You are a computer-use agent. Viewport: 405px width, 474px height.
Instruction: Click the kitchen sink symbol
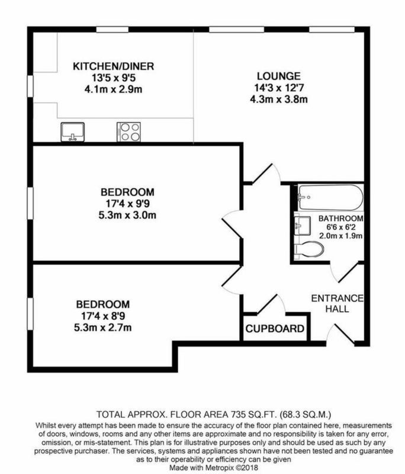(x=72, y=132)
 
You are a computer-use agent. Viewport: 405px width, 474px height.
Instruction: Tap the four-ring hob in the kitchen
(x=128, y=132)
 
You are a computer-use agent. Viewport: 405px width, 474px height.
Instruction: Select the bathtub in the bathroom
(x=330, y=197)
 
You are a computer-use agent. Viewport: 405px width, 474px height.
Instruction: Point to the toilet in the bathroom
(x=309, y=249)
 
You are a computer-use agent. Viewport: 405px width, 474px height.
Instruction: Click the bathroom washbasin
(x=302, y=226)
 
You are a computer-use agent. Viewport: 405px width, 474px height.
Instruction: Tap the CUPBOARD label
(x=275, y=329)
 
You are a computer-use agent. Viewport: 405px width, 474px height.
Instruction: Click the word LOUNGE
(x=279, y=76)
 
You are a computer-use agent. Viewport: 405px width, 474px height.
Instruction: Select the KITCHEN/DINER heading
(x=114, y=66)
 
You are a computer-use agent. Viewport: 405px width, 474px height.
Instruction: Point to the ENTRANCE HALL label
(x=337, y=303)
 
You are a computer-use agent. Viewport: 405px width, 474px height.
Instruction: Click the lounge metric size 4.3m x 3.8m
(x=279, y=99)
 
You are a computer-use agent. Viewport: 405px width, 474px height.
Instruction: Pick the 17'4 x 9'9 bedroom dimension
(x=127, y=204)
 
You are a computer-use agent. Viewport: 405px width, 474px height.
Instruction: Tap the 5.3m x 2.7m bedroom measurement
(x=103, y=328)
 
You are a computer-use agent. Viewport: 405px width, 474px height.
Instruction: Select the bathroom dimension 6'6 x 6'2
(x=340, y=227)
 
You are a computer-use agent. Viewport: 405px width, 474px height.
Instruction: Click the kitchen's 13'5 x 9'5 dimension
(x=114, y=78)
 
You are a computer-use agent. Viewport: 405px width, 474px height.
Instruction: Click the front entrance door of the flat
(x=340, y=334)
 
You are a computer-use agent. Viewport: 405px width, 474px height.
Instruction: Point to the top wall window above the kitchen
(x=112, y=29)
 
